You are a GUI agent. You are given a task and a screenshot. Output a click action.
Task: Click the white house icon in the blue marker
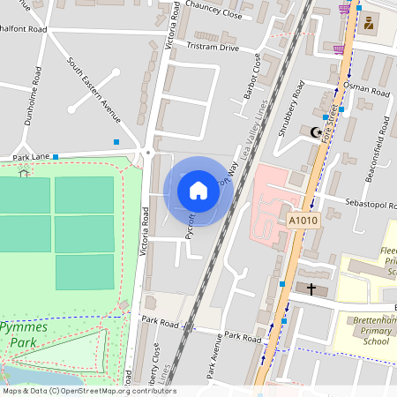point(198,190)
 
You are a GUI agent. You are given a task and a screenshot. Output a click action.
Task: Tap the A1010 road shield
point(303,219)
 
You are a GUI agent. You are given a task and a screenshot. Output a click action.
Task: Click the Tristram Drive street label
point(213,47)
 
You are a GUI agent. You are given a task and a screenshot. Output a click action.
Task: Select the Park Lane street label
point(28,157)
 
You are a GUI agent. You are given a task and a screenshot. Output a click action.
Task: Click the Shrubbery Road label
point(288,110)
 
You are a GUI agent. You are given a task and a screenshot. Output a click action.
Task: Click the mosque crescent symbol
point(315,133)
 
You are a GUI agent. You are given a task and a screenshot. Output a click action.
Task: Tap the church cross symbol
point(311,288)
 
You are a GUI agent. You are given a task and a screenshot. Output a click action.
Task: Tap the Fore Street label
point(329,124)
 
